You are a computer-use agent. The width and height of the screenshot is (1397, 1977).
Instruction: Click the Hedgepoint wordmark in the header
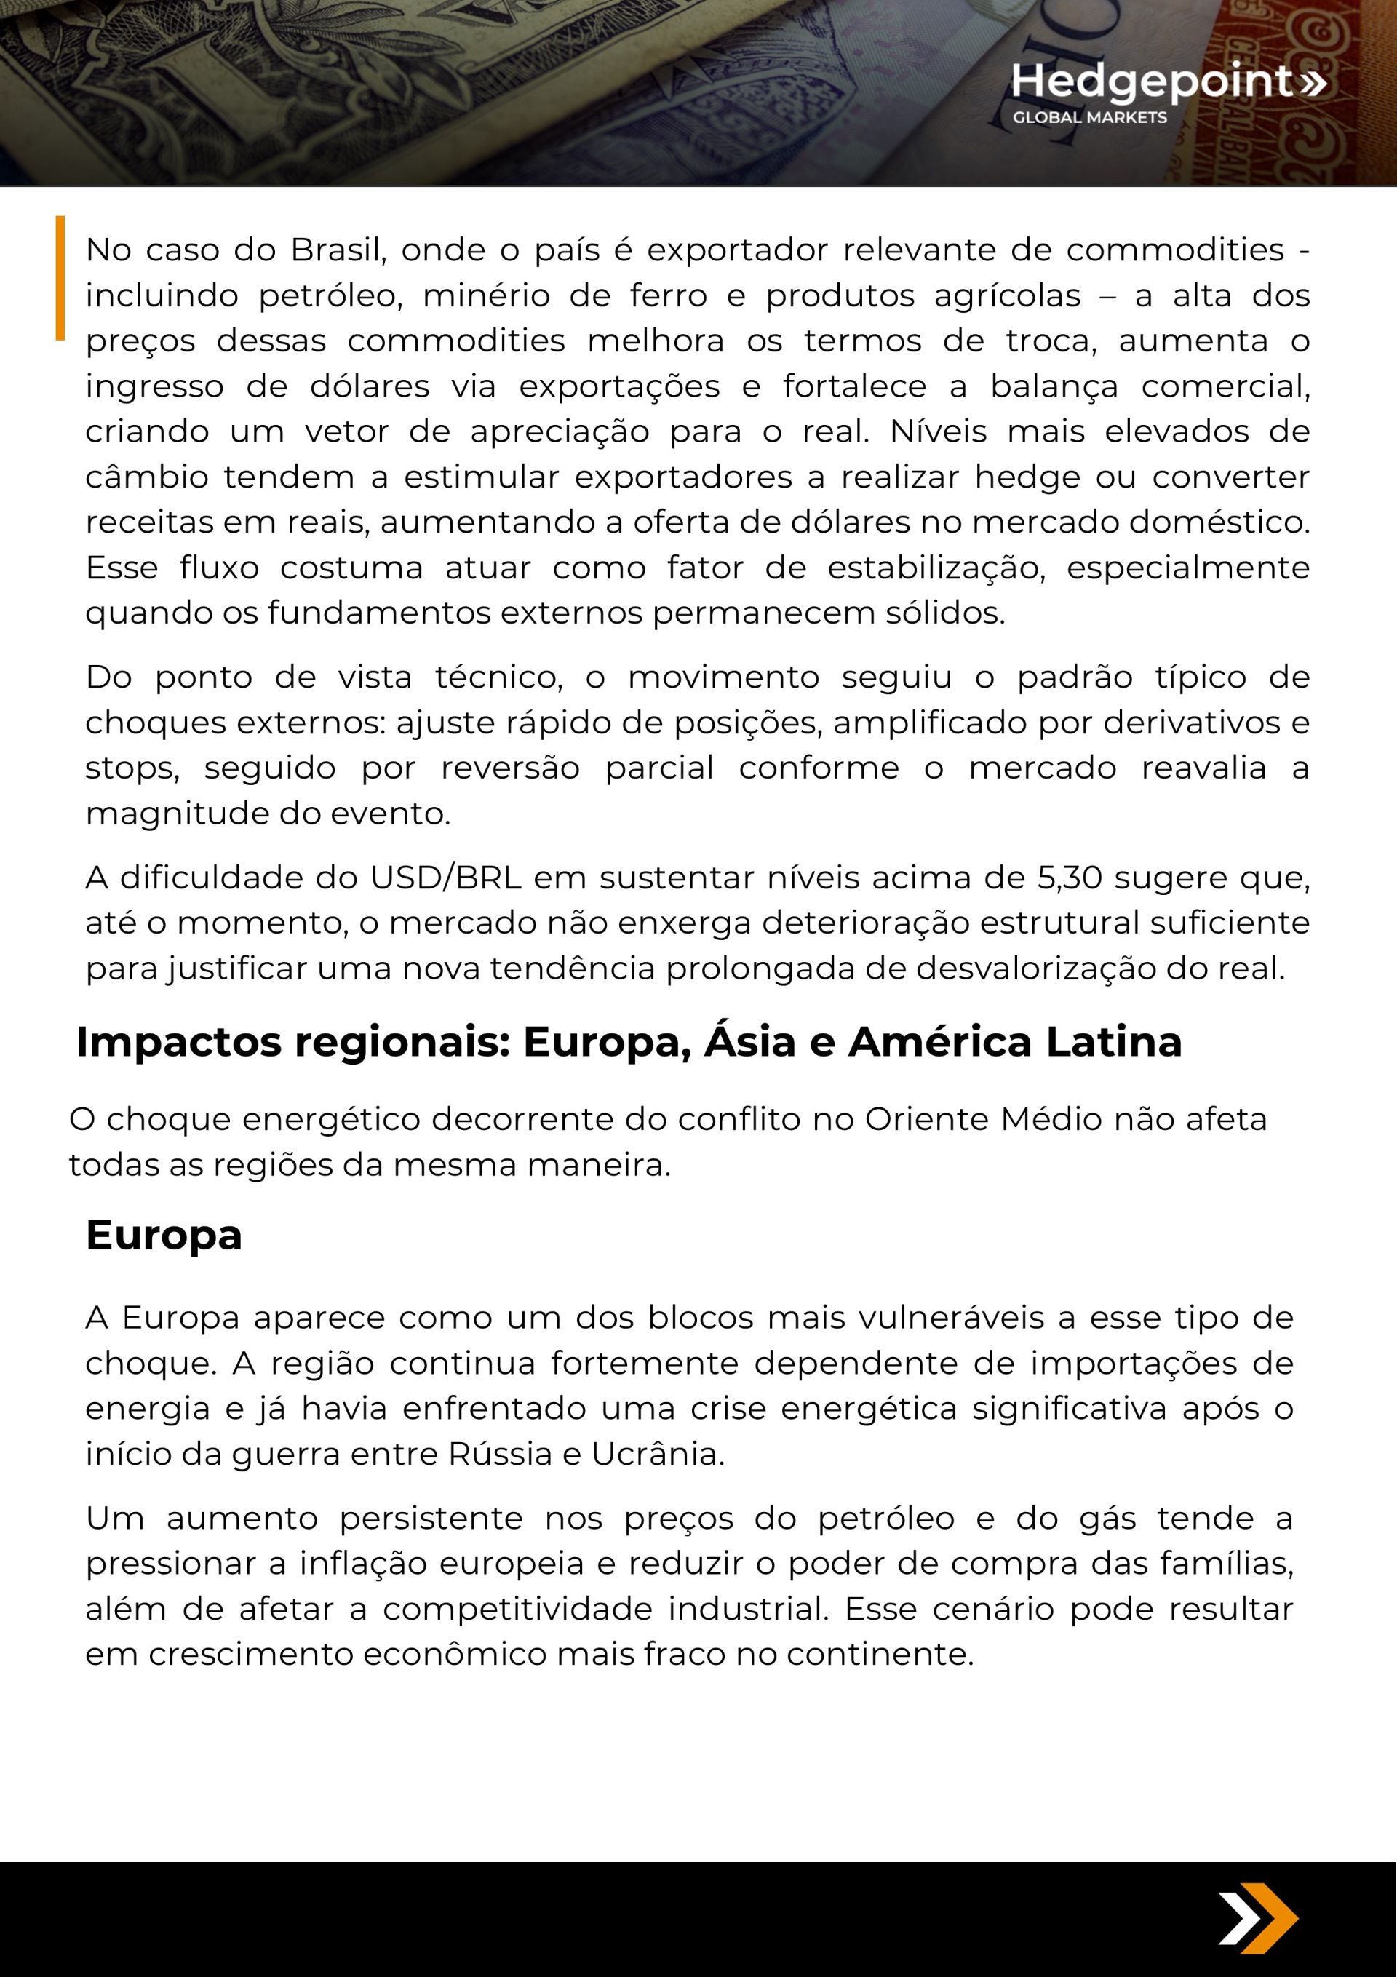tap(1153, 81)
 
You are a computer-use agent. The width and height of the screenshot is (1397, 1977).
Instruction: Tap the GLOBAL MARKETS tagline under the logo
tap(1089, 118)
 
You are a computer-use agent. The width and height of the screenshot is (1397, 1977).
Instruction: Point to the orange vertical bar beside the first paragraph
tap(60, 277)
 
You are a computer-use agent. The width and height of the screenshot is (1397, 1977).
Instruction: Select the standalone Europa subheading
tap(164, 1235)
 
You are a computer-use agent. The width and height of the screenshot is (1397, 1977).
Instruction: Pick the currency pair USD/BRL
tap(445, 878)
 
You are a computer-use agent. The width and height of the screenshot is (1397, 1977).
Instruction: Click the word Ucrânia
tap(657, 1454)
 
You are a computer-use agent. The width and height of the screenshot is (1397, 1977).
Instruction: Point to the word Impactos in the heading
tap(179, 1042)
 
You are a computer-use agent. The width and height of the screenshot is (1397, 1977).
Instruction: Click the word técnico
tap(498, 677)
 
